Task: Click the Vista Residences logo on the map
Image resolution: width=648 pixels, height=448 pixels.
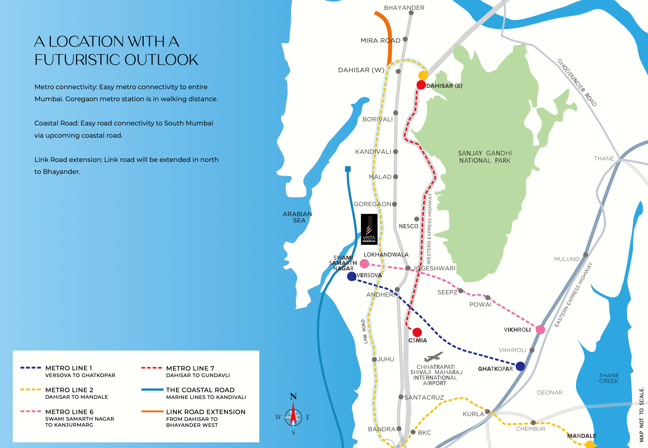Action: [369, 229]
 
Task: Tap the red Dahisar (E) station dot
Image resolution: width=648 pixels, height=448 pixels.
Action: [421, 85]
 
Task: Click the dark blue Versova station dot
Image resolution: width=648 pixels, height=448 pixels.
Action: [351, 276]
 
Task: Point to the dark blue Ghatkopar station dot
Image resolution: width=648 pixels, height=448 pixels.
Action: [520, 366]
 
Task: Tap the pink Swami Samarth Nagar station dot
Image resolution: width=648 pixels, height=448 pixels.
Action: [364, 264]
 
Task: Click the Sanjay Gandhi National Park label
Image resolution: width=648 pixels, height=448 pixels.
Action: [485, 157]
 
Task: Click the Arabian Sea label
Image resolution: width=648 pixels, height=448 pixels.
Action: [297, 217]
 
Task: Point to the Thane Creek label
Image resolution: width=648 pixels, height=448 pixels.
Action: [609, 378]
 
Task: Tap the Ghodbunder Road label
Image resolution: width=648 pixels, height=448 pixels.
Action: [577, 82]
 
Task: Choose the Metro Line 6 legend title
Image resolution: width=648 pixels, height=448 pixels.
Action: [69, 412]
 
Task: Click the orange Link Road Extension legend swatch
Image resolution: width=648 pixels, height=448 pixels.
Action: [152, 411]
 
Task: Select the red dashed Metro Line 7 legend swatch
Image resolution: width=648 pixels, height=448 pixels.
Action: [152, 368]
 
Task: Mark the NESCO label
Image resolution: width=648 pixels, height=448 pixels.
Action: [409, 226]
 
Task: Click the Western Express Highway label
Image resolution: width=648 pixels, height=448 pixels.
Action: [429, 229]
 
